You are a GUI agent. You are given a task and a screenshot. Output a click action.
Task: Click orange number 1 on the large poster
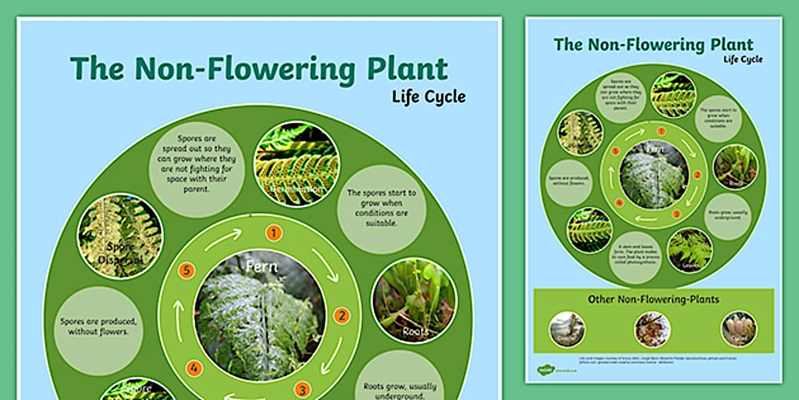point(273,233)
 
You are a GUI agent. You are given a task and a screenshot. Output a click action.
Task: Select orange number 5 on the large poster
point(186,270)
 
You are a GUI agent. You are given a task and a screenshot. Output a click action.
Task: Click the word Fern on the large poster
point(262,267)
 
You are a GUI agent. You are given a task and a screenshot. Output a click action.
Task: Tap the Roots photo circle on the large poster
point(414,300)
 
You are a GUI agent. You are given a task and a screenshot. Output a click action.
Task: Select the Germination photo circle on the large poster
point(296,164)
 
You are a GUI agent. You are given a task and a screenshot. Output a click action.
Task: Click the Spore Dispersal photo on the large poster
point(120,236)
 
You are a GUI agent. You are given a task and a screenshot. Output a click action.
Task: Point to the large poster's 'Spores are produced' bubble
point(98,330)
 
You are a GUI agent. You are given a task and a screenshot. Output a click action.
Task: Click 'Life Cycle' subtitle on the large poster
point(428,97)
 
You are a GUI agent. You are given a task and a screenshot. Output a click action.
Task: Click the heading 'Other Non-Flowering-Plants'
point(653,299)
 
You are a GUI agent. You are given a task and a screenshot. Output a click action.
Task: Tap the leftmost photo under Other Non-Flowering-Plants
point(567,330)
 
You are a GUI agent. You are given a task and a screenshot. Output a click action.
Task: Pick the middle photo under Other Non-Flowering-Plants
point(653,330)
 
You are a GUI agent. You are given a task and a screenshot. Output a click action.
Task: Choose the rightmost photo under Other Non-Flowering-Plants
point(738,330)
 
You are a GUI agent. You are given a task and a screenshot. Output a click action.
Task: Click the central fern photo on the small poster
point(653,175)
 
